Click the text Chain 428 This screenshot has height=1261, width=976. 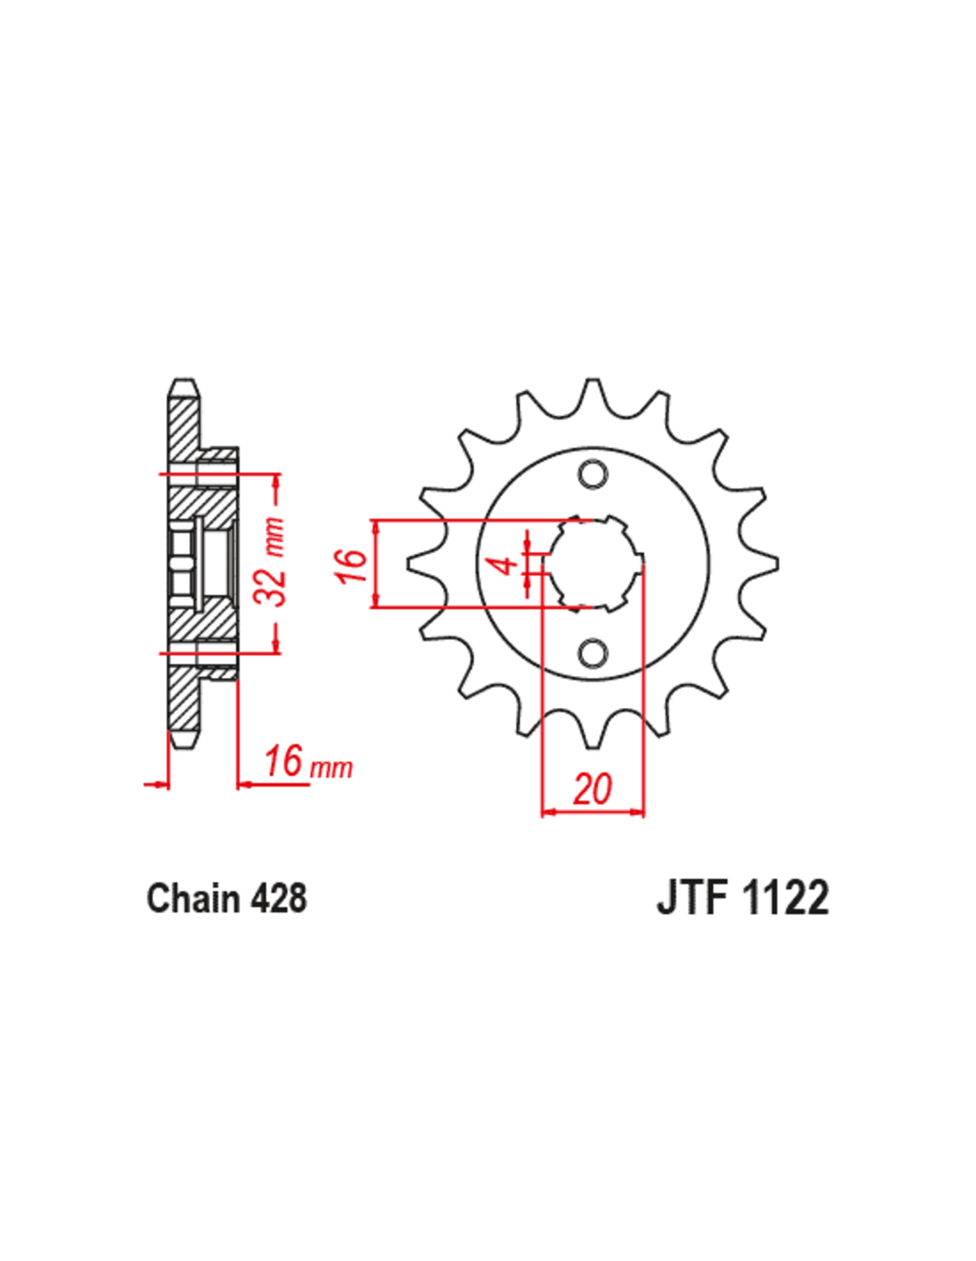(x=226, y=899)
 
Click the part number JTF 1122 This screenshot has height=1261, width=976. (x=743, y=899)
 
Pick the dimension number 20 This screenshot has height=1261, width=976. (x=592, y=788)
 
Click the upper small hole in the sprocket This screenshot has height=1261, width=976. (x=593, y=474)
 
